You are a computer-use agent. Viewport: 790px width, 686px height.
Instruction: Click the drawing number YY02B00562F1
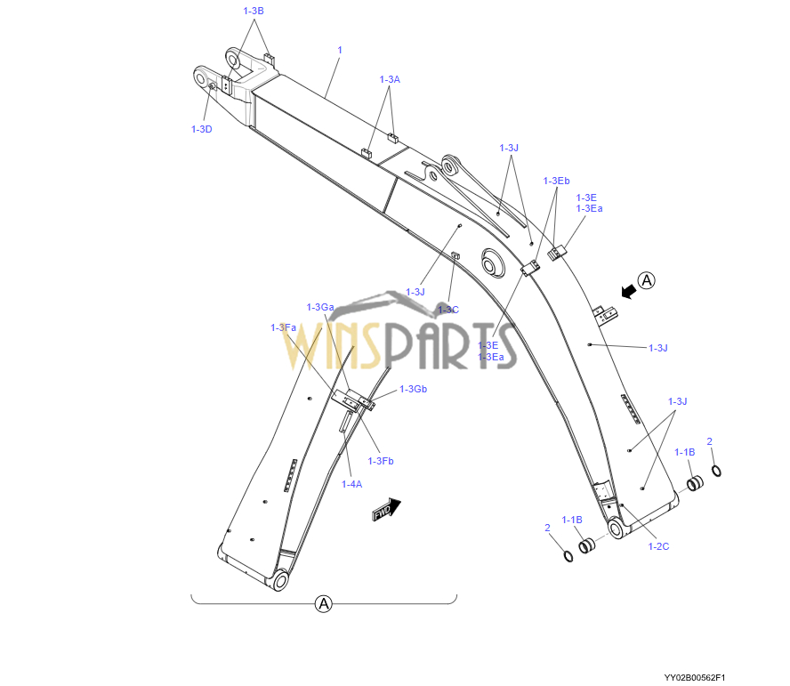click(x=695, y=677)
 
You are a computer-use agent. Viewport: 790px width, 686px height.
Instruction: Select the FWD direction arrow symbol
click(x=387, y=509)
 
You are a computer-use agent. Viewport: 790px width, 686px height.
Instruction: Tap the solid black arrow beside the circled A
click(x=628, y=291)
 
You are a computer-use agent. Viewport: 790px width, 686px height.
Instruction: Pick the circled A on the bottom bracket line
click(x=324, y=603)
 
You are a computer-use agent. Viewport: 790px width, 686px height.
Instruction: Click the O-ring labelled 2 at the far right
click(x=716, y=471)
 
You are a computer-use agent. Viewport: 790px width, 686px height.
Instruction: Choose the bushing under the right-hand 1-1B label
click(x=695, y=483)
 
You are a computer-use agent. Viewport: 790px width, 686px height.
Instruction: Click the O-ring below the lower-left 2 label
click(x=568, y=556)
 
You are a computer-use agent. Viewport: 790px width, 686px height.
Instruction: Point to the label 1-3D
click(x=202, y=129)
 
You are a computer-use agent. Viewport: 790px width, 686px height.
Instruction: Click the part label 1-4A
click(x=351, y=484)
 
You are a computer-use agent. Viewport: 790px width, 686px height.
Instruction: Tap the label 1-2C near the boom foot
click(x=658, y=546)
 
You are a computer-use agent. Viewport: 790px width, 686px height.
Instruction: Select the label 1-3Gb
click(x=413, y=389)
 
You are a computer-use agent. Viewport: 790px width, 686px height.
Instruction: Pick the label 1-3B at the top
click(x=254, y=11)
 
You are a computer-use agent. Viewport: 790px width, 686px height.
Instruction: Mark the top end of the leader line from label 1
click(x=339, y=57)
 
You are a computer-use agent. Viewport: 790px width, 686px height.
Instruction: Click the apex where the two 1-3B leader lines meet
click(x=254, y=18)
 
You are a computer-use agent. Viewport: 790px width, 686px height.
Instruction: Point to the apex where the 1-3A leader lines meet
click(x=390, y=86)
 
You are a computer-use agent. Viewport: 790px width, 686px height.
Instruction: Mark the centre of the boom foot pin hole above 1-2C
click(x=615, y=529)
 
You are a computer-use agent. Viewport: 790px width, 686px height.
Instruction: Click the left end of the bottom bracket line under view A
click(x=191, y=595)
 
